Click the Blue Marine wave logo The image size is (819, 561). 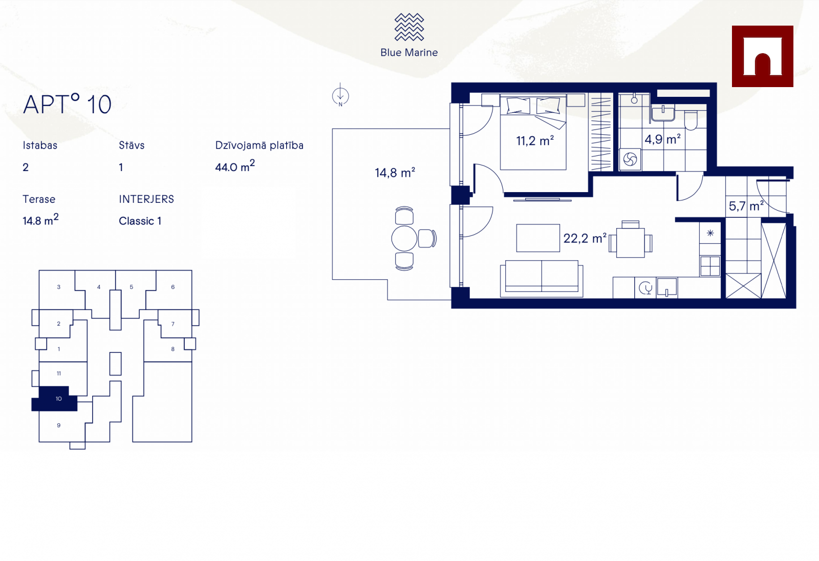click(409, 27)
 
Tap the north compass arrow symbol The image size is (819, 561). click(340, 96)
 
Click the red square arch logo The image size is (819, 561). click(762, 56)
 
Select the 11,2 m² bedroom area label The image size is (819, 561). click(534, 140)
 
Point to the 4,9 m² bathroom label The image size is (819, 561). click(662, 139)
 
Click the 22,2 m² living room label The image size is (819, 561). click(585, 238)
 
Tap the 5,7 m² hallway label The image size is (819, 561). click(746, 206)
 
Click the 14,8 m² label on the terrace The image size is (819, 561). click(395, 172)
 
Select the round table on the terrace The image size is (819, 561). click(404, 239)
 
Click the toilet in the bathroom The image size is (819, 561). click(691, 120)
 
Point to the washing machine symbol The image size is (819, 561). click(630, 159)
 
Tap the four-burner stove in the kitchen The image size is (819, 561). click(709, 266)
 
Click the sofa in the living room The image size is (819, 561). click(542, 279)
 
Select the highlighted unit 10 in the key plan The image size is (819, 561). click(58, 399)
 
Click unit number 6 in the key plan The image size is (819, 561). click(173, 287)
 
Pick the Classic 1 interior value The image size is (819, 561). click(140, 221)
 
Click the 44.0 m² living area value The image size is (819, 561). click(235, 166)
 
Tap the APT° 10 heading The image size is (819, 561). click(67, 104)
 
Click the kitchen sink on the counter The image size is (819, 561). click(667, 287)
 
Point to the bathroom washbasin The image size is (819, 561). click(663, 113)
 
